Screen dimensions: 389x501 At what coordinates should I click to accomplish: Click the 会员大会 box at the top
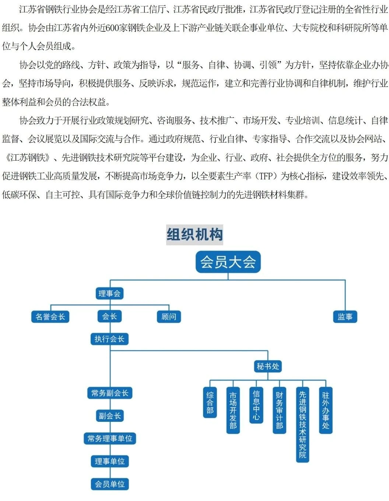(x=228, y=262)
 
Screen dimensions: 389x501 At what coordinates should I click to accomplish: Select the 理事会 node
(x=110, y=294)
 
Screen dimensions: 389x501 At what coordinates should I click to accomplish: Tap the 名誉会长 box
(x=50, y=316)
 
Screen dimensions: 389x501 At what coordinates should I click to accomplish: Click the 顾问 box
(x=169, y=316)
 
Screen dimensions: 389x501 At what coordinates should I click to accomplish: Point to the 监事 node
(x=345, y=316)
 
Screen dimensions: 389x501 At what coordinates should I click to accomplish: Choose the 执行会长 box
(x=110, y=339)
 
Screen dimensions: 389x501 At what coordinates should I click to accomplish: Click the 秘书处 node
(x=268, y=366)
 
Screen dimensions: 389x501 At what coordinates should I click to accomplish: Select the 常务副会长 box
(x=110, y=393)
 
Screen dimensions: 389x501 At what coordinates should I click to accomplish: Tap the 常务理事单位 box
(x=110, y=438)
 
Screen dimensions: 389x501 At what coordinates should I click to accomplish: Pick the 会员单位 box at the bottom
(x=110, y=484)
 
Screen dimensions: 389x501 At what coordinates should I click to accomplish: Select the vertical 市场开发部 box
(x=233, y=410)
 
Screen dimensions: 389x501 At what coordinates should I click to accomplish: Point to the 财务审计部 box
(x=279, y=410)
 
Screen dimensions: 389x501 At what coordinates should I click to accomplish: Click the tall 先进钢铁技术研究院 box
(x=302, y=425)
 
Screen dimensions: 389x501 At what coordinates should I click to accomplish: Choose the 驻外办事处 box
(x=326, y=410)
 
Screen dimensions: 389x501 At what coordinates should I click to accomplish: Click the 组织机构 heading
(x=195, y=235)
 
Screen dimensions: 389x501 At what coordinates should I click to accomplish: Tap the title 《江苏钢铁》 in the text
(x=28, y=158)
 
